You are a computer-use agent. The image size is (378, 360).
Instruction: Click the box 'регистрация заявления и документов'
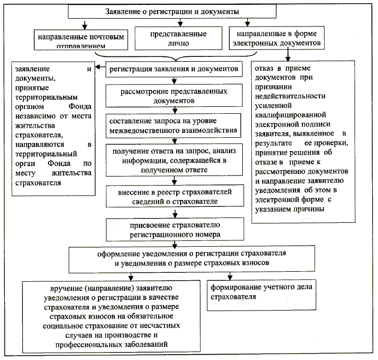coord(175,69)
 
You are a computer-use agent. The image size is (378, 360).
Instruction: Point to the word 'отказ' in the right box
coord(265,69)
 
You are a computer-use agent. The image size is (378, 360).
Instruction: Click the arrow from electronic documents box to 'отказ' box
coord(288,55)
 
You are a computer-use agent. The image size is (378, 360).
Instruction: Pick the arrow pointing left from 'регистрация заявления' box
coord(101,69)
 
